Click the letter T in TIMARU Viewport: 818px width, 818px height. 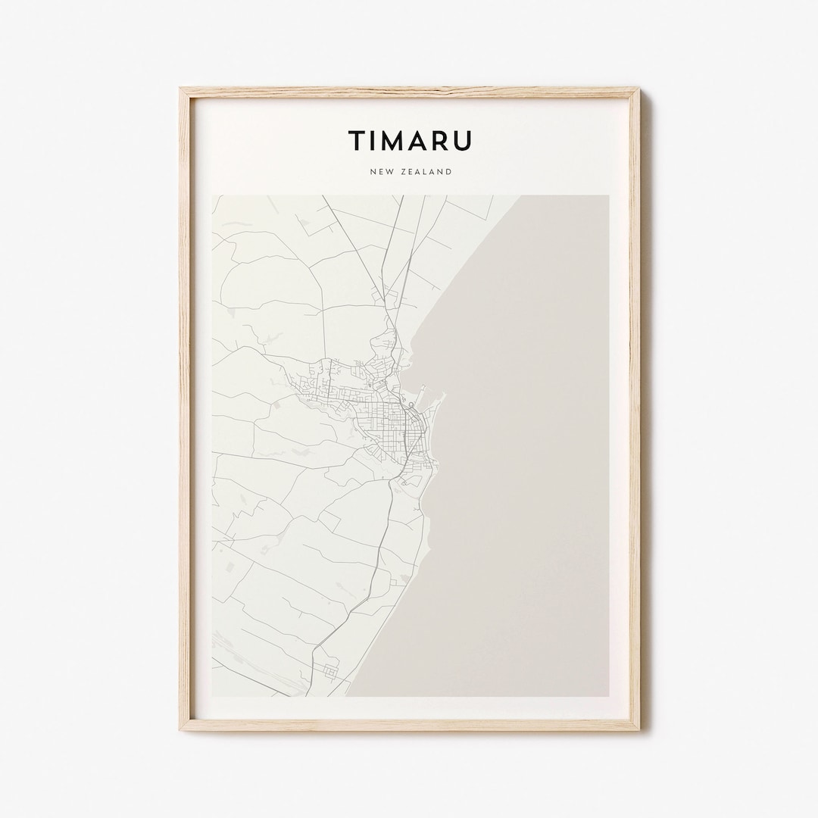tap(356, 141)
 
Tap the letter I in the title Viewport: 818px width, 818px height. tap(376, 141)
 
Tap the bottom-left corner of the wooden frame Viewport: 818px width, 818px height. tap(182, 729)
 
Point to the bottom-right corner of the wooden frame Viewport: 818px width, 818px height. tap(638, 729)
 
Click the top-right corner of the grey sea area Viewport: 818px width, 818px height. tap(607, 196)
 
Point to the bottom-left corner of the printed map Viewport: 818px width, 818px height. tap(213, 695)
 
